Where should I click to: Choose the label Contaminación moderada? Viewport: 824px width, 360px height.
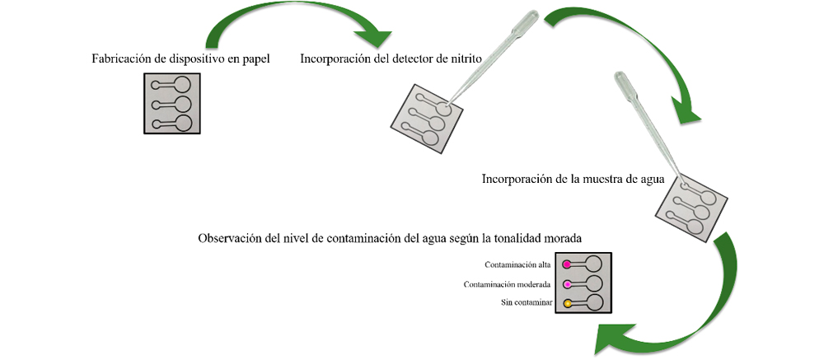click(x=507, y=285)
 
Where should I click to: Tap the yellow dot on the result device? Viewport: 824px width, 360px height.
click(x=568, y=304)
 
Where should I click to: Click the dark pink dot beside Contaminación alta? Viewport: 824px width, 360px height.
click(x=568, y=264)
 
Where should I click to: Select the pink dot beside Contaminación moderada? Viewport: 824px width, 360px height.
click(x=568, y=284)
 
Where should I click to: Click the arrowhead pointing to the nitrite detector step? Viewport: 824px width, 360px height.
click(x=373, y=39)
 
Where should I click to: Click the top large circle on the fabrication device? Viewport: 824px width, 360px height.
click(x=183, y=84)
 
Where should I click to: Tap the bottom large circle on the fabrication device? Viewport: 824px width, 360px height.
click(x=183, y=124)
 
